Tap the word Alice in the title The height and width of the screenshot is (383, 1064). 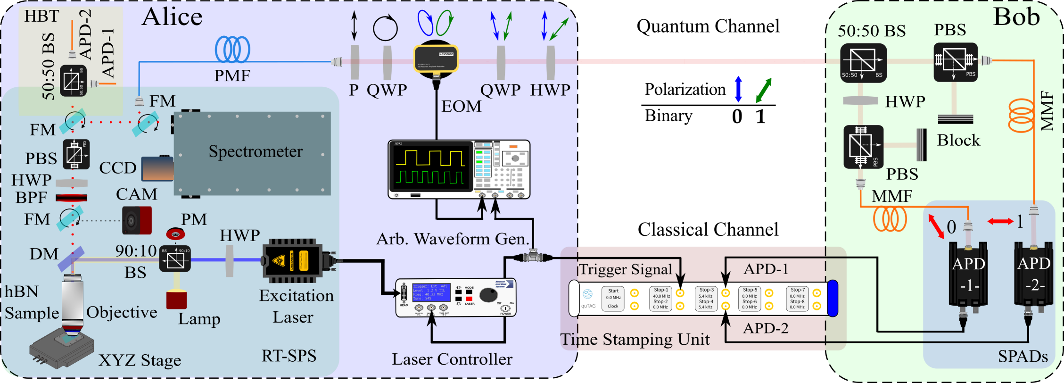172,17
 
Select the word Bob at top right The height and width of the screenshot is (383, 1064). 1016,17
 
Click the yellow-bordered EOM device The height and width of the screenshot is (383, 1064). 436,58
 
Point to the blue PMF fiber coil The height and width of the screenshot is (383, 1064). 232,49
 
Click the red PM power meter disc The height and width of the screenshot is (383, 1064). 175,233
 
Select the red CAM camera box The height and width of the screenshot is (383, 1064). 137,220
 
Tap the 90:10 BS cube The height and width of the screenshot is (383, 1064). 175,258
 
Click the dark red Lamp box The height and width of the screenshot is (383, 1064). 176,300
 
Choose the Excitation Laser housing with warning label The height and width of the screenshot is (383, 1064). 292,260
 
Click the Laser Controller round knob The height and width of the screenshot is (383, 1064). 488,295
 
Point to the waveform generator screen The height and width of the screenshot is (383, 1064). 430,168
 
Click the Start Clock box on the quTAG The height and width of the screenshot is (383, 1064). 613,299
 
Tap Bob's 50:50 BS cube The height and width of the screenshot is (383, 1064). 863,63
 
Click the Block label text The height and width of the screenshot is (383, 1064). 958,140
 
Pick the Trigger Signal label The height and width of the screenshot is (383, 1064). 625,269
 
